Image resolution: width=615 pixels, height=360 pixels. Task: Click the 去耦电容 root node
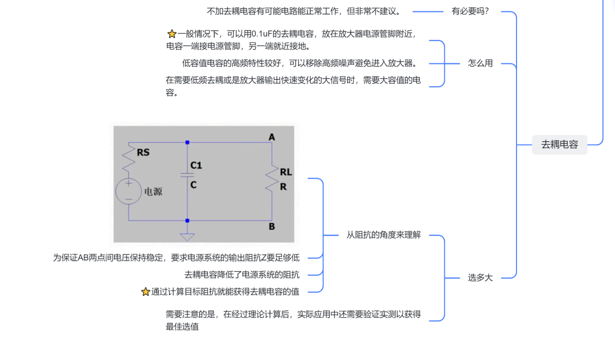click(559, 145)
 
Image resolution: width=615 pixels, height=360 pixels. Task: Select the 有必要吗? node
click(470, 11)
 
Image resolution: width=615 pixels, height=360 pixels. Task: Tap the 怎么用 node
click(480, 63)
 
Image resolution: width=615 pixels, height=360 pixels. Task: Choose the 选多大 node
click(480, 277)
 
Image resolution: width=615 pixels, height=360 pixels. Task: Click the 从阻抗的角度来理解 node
click(383, 235)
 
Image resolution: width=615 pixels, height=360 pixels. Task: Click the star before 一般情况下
click(172, 34)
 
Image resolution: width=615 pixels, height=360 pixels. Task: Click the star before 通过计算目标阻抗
click(146, 292)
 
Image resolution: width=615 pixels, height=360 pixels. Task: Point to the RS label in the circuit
click(143, 153)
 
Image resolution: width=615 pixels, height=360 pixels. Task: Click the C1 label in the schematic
click(196, 166)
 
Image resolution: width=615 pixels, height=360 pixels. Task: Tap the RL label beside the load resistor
click(286, 172)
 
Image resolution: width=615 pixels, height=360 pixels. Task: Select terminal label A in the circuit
click(272, 137)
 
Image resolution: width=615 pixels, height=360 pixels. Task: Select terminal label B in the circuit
click(272, 226)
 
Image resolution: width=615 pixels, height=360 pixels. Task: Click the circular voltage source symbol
click(128, 191)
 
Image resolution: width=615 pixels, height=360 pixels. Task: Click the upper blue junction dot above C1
click(187, 142)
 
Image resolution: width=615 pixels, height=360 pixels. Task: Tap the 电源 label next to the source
click(153, 192)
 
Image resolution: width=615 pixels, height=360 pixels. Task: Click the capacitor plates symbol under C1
click(187, 175)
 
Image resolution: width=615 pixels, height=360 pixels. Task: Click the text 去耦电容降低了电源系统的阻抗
click(242, 275)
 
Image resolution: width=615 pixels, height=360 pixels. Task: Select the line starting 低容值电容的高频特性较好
click(301, 63)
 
